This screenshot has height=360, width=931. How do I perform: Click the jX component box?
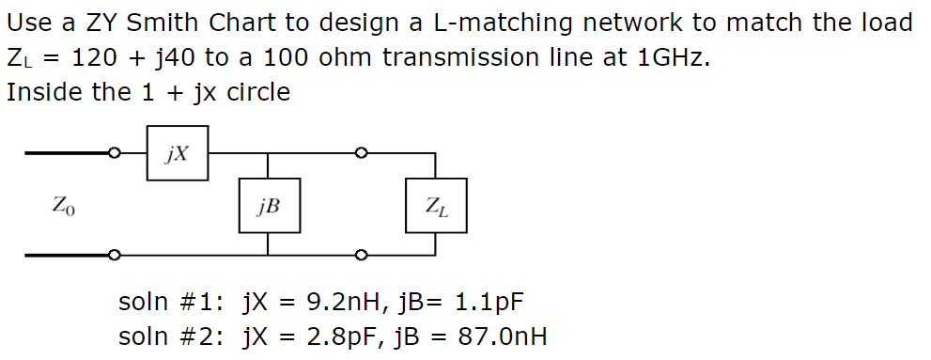click(x=177, y=152)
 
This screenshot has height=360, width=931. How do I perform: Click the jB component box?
click(x=270, y=206)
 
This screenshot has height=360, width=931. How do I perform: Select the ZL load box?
click(x=436, y=206)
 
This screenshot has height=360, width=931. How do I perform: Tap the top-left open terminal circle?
click(x=115, y=152)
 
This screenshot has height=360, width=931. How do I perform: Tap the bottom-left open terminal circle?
click(x=115, y=255)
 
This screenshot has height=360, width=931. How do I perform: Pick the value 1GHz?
click(x=668, y=57)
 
